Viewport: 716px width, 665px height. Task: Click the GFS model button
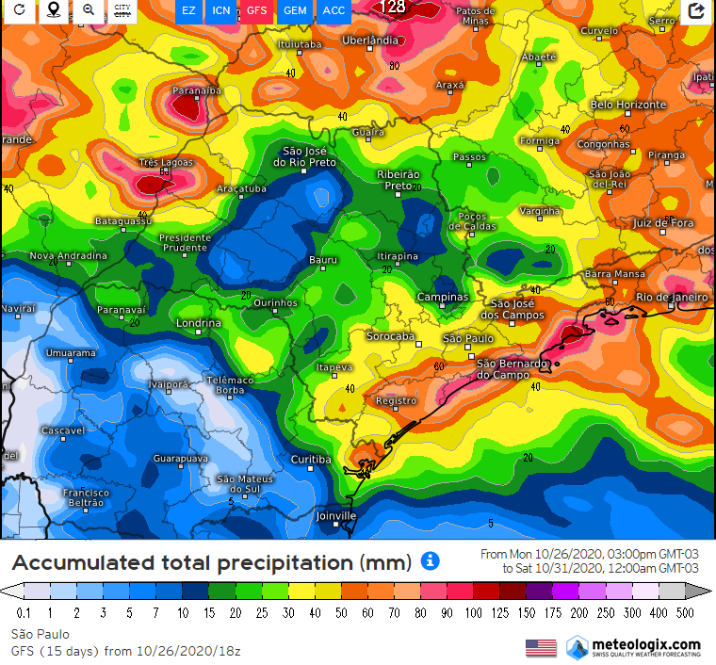256,10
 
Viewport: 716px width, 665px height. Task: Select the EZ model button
189,10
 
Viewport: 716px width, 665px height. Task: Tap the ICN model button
221,10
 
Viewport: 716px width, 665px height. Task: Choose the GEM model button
295,10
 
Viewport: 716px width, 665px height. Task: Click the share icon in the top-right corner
696,10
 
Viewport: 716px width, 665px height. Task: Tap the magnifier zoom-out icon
88,10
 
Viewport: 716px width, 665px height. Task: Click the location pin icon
54,10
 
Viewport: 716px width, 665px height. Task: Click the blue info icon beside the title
430,561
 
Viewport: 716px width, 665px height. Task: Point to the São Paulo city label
468,338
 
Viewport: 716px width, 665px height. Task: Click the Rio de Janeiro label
671,297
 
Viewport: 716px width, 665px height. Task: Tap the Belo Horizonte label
628,105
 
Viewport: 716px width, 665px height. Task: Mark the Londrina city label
200,323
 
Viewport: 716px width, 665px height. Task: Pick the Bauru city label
323,259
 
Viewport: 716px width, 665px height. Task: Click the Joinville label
336,515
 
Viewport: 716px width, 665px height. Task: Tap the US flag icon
541,647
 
